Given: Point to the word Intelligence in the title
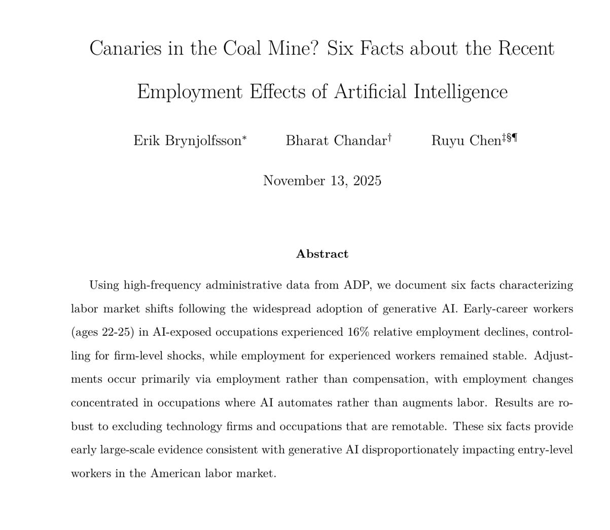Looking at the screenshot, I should pyautogui.click(x=460, y=92).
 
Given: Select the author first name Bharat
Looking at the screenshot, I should pyautogui.click(x=308, y=140).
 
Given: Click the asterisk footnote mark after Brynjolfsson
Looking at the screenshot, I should pyautogui.click(x=244, y=137).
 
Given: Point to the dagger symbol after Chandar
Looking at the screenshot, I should pyautogui.click(x=389, y=137).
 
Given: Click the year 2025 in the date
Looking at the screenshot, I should pyautogui.click(x=367, y=181).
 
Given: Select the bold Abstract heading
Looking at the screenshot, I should pyautogui.click(x=322, y=254).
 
